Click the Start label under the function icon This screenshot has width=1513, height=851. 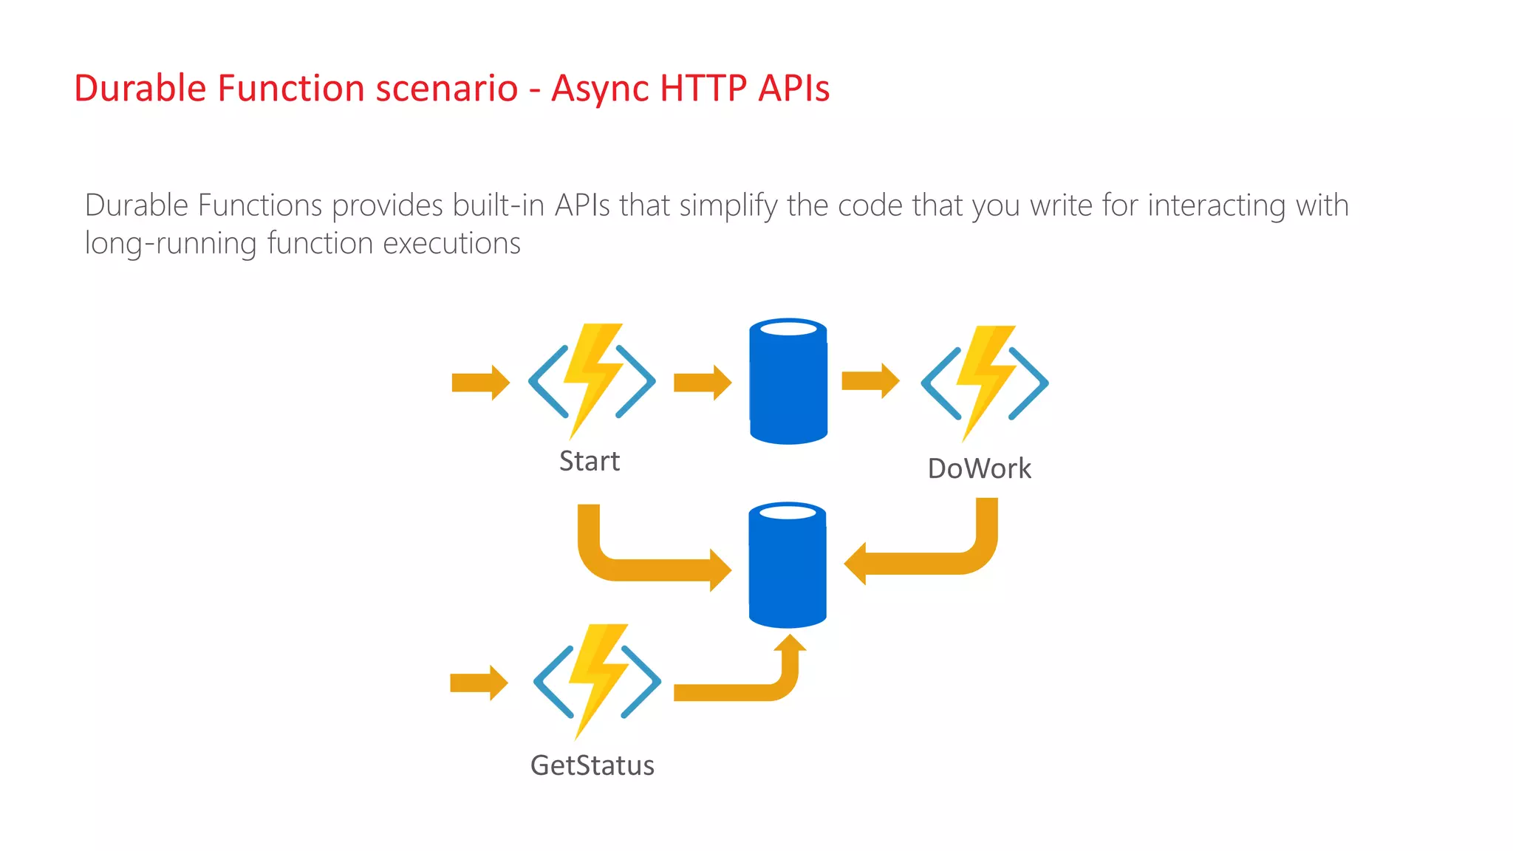(x=589, y=461)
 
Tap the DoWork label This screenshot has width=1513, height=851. (x=979, y=468)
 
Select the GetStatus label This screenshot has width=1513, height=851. (x=592, y=765)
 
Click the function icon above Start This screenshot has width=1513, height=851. (x=592, y=380)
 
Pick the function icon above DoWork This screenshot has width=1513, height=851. (x=984, y=383)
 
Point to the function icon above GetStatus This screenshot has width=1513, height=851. (x=597, y=681)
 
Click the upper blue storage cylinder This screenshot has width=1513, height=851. (x=788, y=382)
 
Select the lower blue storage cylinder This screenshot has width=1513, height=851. (x=787, y=565)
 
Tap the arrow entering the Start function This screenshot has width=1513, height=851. (x=480, y=383)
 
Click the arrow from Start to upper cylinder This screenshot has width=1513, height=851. (x=702, y=383)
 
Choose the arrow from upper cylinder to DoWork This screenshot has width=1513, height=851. (x=870, y=381)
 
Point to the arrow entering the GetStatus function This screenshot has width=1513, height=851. (x=479, y=683)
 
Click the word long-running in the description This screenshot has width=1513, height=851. (x=171, y=244)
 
